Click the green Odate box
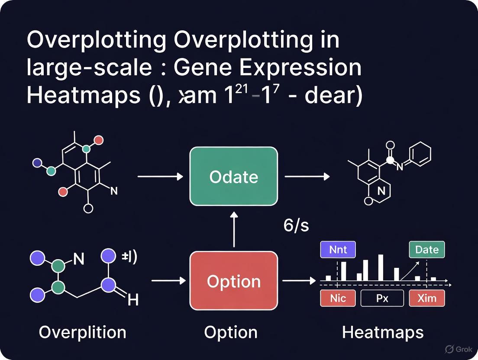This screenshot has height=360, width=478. point(233,177)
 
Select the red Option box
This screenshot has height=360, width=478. point(233,281)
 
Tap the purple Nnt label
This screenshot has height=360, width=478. point(338,250)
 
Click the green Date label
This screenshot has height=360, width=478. point(426,250)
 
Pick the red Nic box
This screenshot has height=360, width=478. point(338,298)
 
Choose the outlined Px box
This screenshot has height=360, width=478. point(382,298)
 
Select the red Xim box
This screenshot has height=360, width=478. point(426,298)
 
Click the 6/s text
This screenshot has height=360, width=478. point(297,225)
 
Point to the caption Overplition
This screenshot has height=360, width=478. point(82,332)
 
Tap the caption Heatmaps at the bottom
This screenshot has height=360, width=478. point(383,332)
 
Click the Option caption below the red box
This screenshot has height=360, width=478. point(231,332)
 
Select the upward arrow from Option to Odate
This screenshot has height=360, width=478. point(233,229)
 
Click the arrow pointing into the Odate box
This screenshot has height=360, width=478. point(160,177)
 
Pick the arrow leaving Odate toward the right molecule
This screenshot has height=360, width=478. point(307,177)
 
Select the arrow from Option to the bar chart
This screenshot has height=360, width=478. point(299,281)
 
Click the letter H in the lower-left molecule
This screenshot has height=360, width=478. point(133,299)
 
